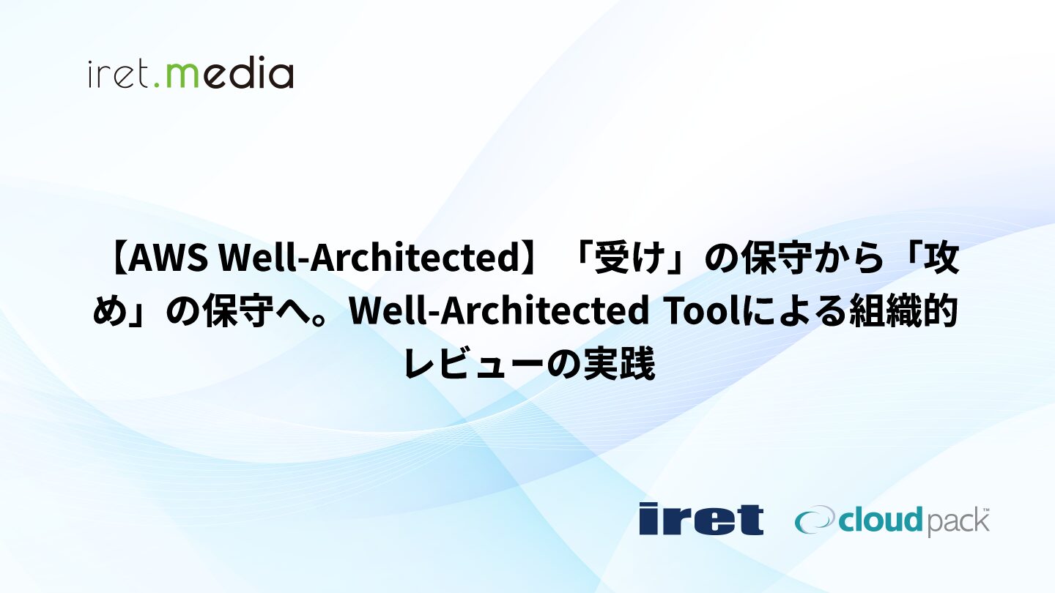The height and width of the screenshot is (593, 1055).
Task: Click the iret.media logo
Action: pyautogui.click(x=190, y=72)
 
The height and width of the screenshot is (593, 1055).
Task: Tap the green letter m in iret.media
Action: pyautogui.click(x=185, y=76)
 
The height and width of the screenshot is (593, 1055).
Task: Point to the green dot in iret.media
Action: pyautogui.click(x=157, y=85)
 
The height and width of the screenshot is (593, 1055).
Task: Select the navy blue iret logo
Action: pyautogui.click(x=701, y=518)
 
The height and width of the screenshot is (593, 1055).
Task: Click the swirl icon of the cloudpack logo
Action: pyautogui.click(x=815, y=520)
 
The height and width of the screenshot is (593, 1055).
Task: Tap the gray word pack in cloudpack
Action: pyautogui.click(x=956, y=523)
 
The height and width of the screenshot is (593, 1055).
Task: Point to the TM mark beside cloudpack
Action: pyautogui.click(x=985, y=509)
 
